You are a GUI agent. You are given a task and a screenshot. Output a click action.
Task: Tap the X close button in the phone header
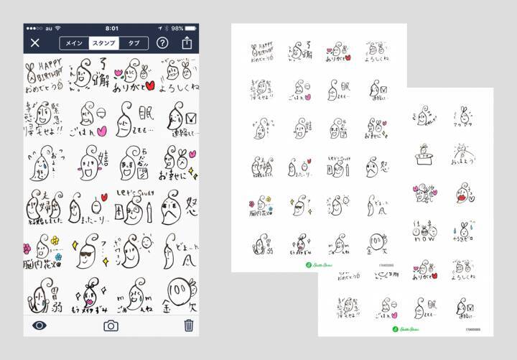point(35,42)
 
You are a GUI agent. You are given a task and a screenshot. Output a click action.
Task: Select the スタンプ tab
point(104,42)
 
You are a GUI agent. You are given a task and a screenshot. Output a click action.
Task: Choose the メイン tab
point(74,42)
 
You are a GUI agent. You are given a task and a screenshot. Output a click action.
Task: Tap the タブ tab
point(134,42)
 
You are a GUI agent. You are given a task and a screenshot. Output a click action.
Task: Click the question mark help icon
point(162,42)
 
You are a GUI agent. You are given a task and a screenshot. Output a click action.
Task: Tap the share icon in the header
point(187,42)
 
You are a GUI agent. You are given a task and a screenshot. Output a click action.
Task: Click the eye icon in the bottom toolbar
point(39,326)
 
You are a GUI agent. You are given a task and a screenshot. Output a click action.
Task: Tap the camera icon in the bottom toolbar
point(111,326)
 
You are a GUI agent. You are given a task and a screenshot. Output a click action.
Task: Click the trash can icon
point(188,326)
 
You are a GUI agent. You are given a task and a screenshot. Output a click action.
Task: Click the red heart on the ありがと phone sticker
point(149,86)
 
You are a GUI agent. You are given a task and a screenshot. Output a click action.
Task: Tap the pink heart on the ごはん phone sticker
point(102,131)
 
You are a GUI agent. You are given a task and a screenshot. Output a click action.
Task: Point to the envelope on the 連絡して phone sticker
point(190,118)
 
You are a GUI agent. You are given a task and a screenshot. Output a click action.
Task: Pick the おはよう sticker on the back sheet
point(464,153)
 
